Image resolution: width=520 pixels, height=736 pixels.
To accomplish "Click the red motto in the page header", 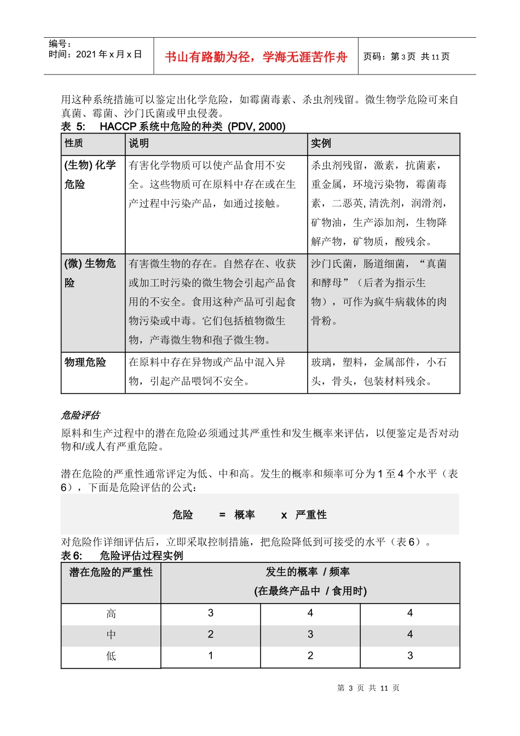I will click(256, 57).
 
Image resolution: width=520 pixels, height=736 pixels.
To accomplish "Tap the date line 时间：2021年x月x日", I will click(95, 54).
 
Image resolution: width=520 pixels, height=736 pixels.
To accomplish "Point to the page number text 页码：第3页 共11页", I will click(406, 57).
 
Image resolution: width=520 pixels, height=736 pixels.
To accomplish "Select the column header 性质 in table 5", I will click(74, 143).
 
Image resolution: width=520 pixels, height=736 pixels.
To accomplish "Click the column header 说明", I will click(138, 143).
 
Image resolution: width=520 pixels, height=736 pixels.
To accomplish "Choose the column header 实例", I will click(321, 143).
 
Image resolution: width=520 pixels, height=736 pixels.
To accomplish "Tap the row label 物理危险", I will click(85, 363).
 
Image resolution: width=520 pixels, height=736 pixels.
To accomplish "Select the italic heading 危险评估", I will click(80, 415).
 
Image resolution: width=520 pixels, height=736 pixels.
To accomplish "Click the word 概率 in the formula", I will click(245, 515).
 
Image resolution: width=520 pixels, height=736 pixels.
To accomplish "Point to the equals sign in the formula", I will click(222, 515).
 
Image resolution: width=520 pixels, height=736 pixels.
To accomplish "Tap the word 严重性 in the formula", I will click(311, 515).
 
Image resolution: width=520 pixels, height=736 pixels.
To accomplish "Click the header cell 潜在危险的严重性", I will click(111, 572).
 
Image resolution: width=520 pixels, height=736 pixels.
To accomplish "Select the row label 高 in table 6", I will click(111, 614).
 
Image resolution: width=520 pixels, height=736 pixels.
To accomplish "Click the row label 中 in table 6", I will click(111, 635).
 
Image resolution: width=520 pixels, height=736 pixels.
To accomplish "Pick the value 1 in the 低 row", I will click(211, 656).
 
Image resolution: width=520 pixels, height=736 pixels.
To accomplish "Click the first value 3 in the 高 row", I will click(211, 613).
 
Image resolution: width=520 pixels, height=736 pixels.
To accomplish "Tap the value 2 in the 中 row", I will click(211, 635).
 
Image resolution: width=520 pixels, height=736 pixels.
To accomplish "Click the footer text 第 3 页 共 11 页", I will click(368, 688).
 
